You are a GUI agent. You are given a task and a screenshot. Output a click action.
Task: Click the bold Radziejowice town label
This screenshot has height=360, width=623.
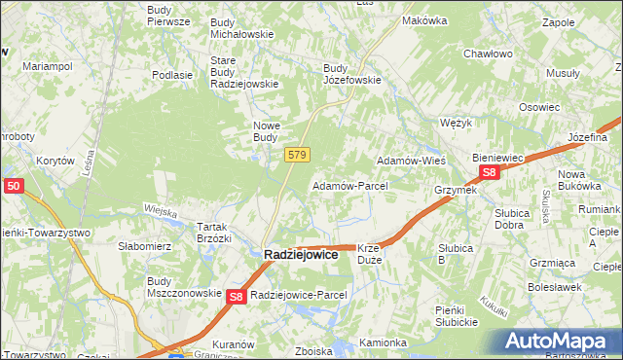click(x=302, y=254)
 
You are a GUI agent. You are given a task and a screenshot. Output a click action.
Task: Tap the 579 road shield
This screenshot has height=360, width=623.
click(x=298, y=155)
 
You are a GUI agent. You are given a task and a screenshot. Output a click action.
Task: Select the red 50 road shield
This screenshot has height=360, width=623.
click(x=14, y=184)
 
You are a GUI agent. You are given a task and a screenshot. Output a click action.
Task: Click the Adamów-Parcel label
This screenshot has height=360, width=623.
click(x=349, y=185)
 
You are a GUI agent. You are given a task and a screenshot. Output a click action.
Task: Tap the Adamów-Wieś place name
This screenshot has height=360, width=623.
click(x=411, y=160)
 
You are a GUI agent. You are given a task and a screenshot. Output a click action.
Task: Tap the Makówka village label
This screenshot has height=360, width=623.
click(x=423, y=20)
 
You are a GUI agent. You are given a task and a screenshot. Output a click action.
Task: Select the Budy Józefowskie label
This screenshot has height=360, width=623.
click(x=351, y=74)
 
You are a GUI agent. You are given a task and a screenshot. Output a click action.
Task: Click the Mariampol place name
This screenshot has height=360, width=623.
click(x=48, y=66)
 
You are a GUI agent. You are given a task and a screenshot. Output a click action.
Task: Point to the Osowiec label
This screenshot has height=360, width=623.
click(x=538, y=107)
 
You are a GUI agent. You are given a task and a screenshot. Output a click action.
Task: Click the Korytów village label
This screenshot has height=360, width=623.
click(x=55, y=160)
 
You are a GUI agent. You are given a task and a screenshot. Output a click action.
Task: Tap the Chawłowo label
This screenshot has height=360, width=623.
click(x=489, y=54)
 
